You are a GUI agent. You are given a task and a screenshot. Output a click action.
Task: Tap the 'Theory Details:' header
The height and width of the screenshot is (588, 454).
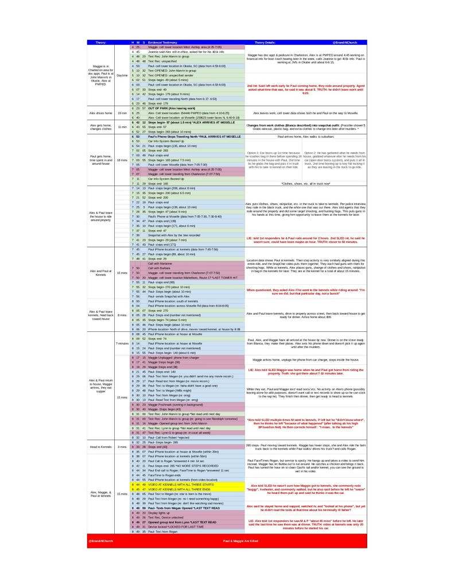[x=265, y=42]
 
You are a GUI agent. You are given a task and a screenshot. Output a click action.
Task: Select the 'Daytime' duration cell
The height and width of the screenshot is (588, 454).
[x=122, y=75]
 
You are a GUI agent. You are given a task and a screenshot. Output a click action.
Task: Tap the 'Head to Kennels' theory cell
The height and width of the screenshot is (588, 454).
[x=101, y=446]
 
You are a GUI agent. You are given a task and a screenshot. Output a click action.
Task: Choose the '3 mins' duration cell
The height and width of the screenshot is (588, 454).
[x=122, y=446]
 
